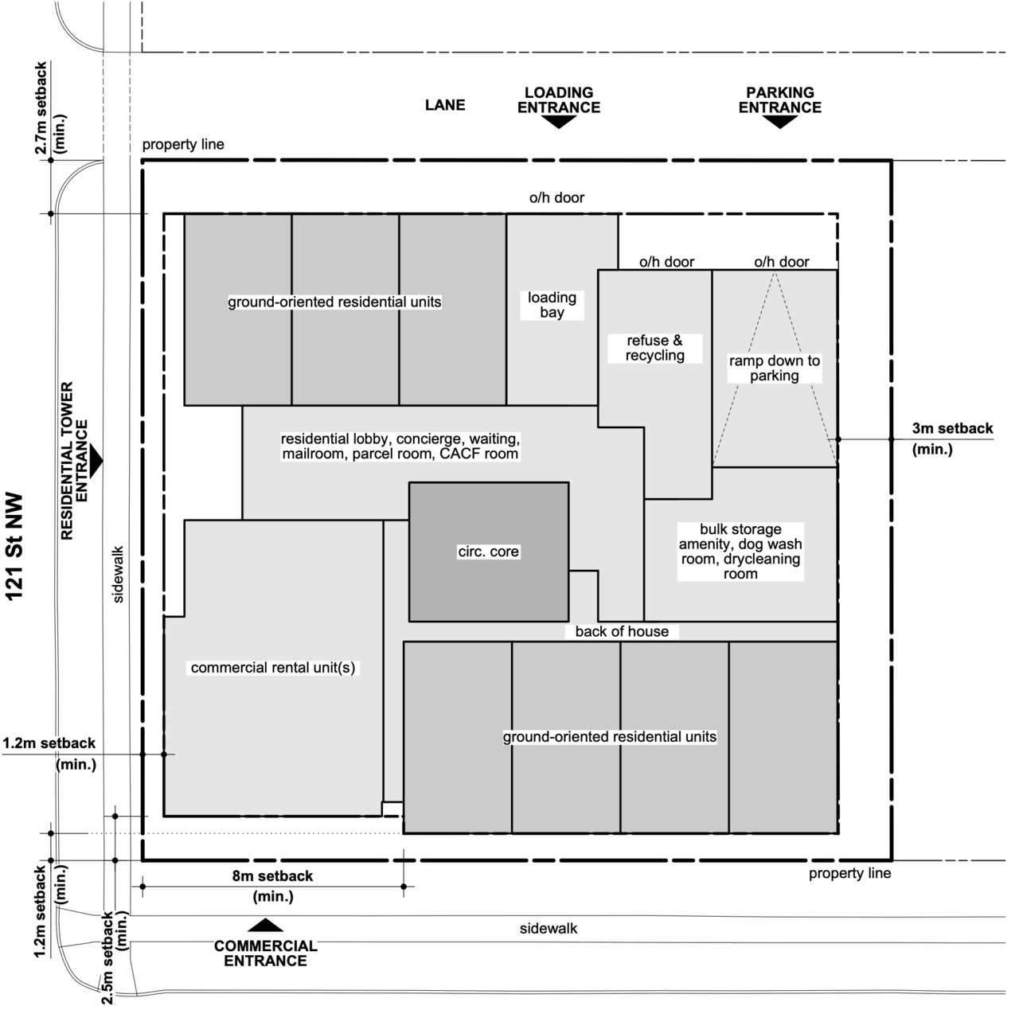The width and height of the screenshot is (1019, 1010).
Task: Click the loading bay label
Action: [x=552, y=305]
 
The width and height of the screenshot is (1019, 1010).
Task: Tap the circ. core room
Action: [x=489, y=552]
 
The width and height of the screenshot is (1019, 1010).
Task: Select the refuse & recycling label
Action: [x=654, y=348]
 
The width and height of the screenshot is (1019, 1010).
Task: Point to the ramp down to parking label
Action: [x=774, y=368]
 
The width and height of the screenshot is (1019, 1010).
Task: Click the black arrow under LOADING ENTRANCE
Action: [x=559, y=122]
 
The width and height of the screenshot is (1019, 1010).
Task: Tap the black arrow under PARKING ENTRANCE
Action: [x=780, y=122]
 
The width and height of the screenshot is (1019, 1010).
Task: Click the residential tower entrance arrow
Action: [x=96, y=462]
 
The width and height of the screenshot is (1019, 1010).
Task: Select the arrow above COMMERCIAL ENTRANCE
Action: [x=265, y=925]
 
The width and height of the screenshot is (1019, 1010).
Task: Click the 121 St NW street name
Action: [x=15, y=547]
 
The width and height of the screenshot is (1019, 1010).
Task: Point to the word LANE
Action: [x=445, y=105]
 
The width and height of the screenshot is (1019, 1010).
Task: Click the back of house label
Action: [x=622, y=631]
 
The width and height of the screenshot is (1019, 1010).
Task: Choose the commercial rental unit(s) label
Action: [x=273, y=668]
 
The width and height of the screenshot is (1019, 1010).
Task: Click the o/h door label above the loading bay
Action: [x=556, y=197]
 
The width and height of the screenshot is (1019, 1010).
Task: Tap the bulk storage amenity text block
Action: [x=740, y=552]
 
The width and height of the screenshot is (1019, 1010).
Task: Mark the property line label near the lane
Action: [x=183, y=144]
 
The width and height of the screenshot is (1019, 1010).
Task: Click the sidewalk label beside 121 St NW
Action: [x=118, y=575]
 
